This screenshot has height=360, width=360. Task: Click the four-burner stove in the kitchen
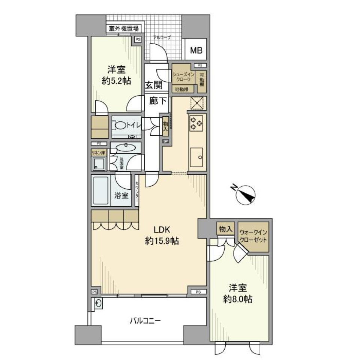coord(196,123)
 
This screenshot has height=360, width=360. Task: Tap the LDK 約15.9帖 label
coord(162,236)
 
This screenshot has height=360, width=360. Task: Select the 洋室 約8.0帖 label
coord(238,294)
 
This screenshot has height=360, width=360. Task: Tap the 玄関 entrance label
coord(154,85)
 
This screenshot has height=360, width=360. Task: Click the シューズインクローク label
coord(183,76)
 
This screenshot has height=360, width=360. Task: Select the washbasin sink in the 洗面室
coord(126,147)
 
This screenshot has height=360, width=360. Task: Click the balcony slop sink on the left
coord(98,304)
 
